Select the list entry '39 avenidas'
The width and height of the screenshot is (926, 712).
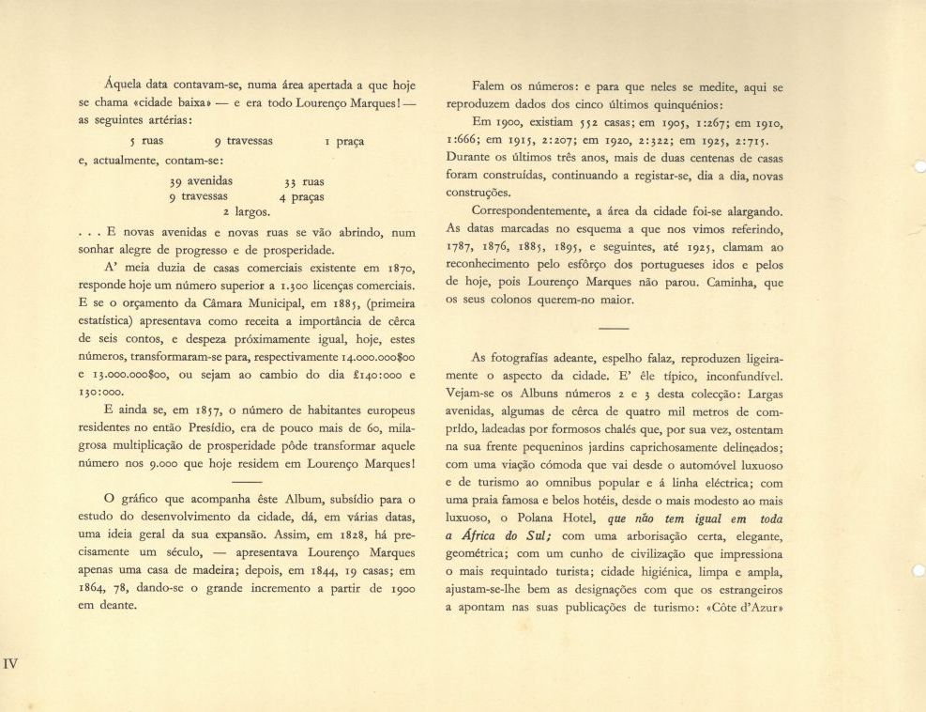[202, 180]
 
